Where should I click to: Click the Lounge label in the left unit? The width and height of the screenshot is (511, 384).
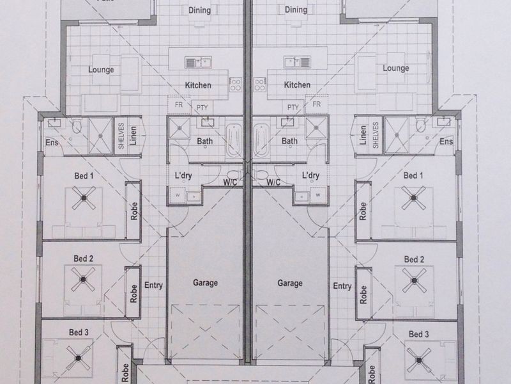101,70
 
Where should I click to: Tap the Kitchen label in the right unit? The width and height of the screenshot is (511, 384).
297,85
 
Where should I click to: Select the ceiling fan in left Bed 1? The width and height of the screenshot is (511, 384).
84,198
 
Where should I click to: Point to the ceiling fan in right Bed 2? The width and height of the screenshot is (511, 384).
414,280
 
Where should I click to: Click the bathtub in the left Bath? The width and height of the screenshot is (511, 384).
234,140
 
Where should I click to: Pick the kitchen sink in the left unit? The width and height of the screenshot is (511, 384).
198,62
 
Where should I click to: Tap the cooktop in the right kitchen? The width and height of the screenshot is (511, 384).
260,84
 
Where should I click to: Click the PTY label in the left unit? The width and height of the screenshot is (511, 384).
202,108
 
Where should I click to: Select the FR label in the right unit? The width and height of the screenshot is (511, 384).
316,104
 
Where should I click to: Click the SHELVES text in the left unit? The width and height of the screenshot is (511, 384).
121,136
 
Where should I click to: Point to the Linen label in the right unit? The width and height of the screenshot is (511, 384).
363,135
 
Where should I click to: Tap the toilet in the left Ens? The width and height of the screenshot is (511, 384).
77,125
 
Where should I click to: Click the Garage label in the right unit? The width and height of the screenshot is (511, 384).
290,283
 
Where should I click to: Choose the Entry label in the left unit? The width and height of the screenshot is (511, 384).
153,285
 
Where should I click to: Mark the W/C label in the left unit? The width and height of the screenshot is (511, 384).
230,182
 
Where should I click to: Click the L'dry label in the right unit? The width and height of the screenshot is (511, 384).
310,175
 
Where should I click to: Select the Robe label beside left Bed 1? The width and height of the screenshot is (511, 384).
134,211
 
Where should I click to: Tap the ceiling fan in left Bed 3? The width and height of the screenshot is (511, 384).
78,358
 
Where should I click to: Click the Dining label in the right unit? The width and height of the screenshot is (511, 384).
296,10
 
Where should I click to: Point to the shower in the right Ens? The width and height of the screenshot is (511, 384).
397,135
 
